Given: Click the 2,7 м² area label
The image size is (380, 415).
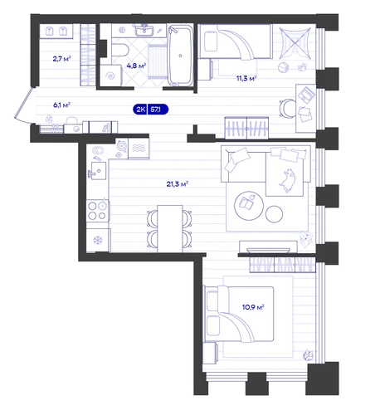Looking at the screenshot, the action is pos(62,59).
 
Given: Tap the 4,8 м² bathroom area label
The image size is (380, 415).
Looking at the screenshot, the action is pos(136,66).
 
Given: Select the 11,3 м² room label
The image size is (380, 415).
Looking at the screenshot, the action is pos(246,78).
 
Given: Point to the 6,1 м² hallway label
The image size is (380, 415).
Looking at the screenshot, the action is pos(61,105).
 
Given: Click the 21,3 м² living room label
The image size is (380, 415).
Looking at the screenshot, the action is pos(178,184).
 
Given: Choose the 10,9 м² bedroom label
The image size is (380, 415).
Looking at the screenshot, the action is pos(253,307).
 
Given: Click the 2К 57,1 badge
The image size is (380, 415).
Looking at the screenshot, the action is pos(151,110).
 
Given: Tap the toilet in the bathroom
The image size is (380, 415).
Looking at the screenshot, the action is pos(120,51).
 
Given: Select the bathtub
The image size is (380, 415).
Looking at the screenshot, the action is pos(181,55).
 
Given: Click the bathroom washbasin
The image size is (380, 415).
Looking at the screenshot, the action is pos(144,30).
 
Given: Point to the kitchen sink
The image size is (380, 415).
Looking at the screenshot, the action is pos(98,171).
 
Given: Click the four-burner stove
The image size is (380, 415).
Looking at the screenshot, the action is pos(98,211).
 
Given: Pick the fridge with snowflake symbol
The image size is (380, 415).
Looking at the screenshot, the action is pos(98,240).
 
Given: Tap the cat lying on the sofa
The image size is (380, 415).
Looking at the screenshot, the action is pos(288,181).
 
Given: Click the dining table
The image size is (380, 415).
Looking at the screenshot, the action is pos(170,228).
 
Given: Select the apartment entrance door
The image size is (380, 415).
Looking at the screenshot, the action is pos(25,105).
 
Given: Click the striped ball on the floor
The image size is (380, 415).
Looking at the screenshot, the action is pos(283,67).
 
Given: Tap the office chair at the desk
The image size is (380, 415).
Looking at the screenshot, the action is pos(287,108).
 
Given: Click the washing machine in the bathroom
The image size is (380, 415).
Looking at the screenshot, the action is pos(111,76).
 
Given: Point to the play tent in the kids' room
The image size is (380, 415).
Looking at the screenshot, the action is pos(295,43).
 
